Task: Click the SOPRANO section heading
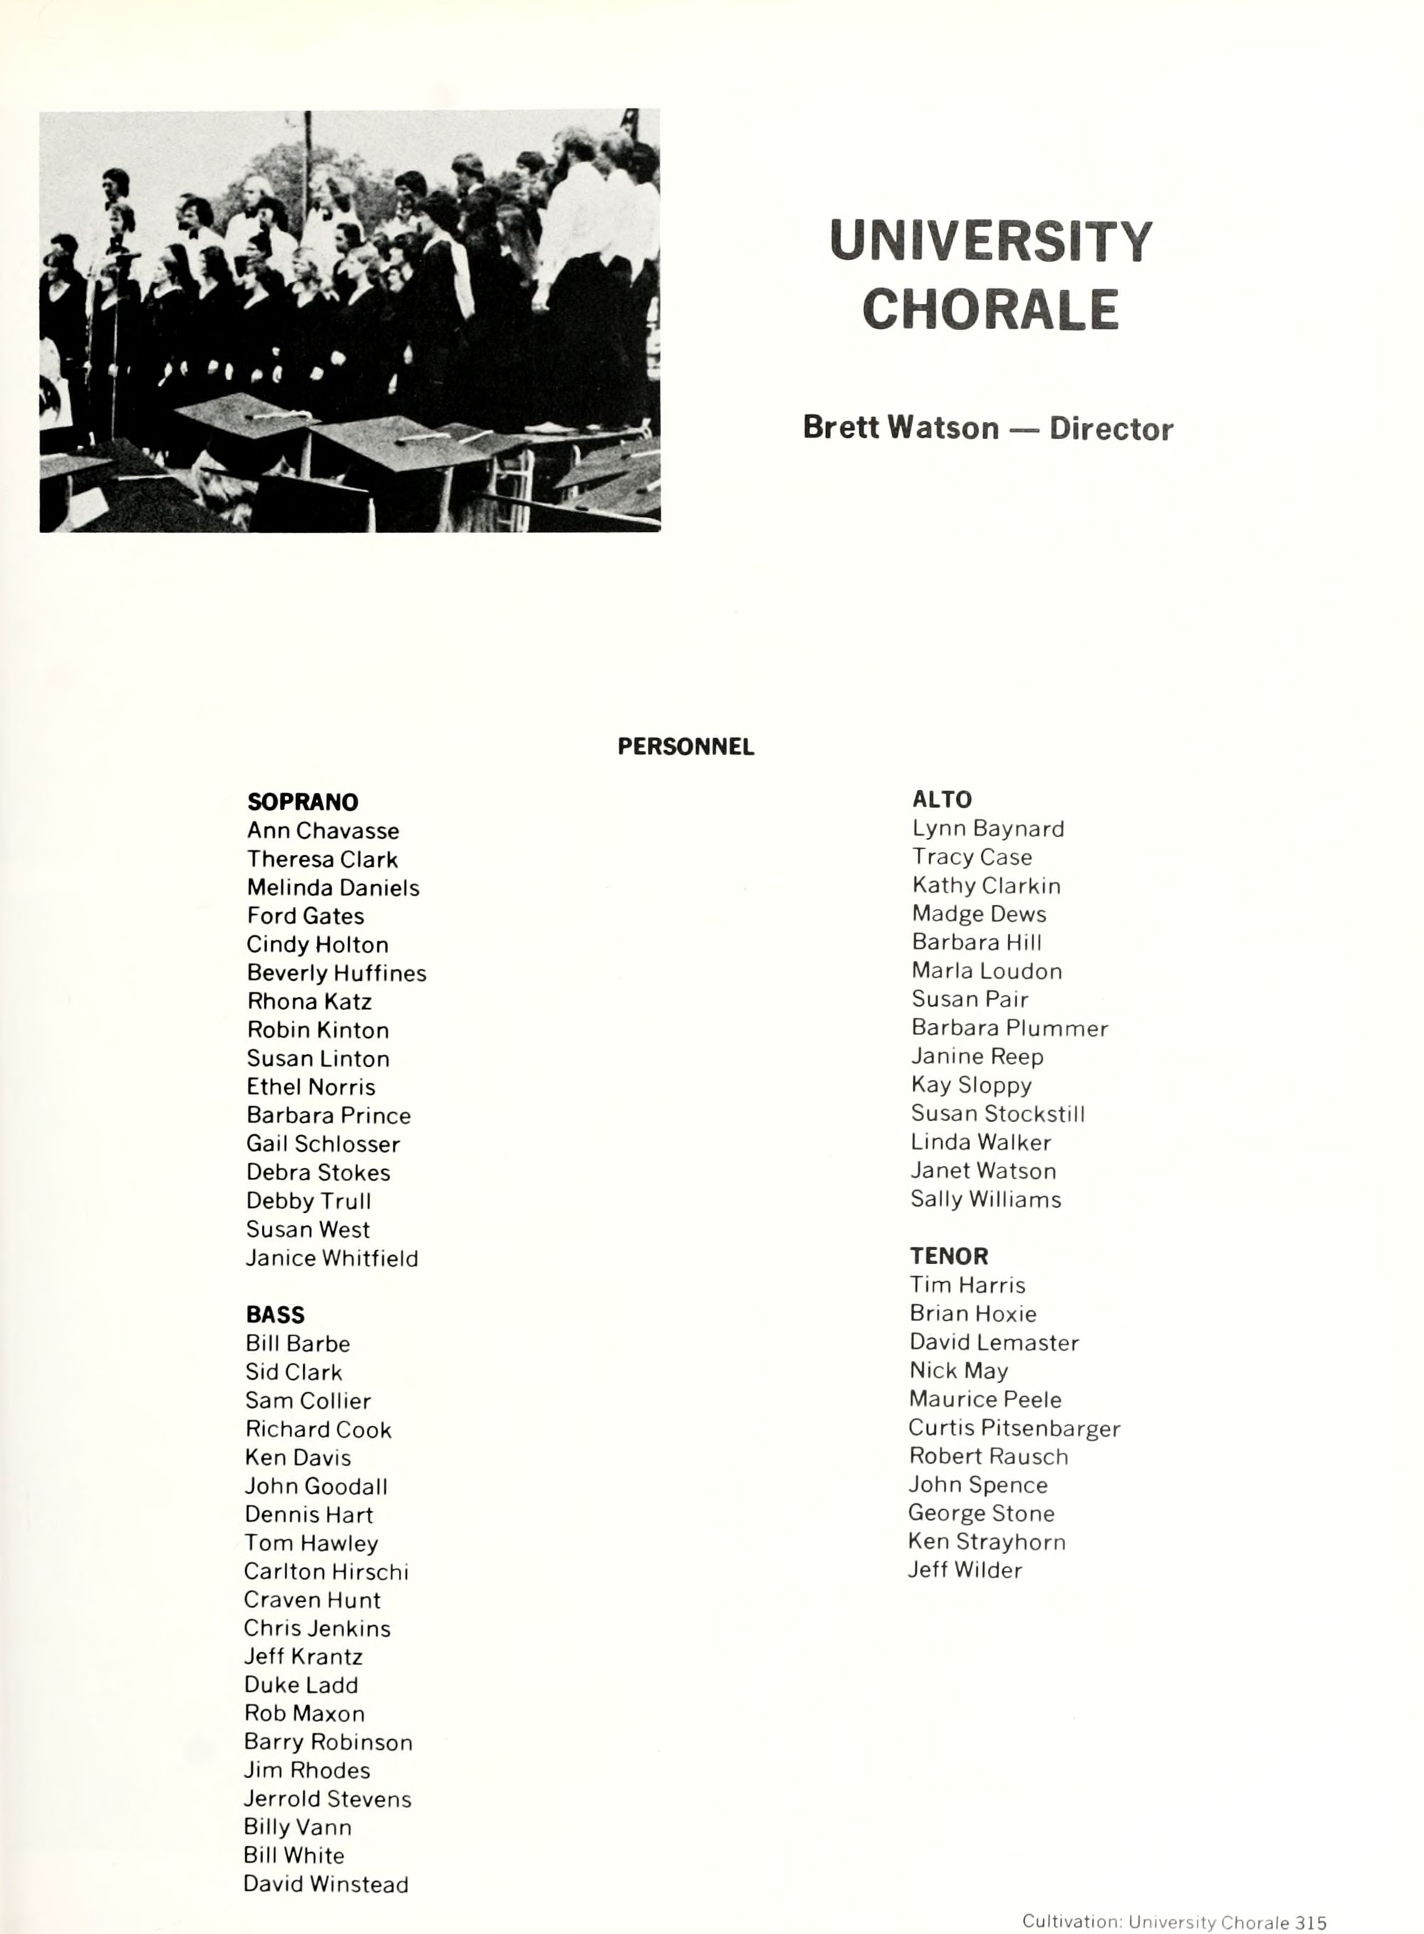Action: pyautogui.click(x=303, y=802)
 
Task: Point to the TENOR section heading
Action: pyautogui.click(x=948, y=1256)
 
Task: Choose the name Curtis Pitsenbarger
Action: pyautogui.click(x=1014, y=1427)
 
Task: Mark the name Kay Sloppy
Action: pyautogui.click(x=970, y=1084)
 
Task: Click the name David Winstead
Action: pyautogui.click(x=326, y=1884)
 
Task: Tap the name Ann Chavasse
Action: pyautogui.click(x=323, y=831)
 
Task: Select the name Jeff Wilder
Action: pyautogui.click(x=965, y=1570)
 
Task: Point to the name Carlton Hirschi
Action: pyautogui.click(x=326, y=1571)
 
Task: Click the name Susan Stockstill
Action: pyautogui.click(x=998, y=1113)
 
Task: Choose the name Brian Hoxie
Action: pyautogui.click(x=973, y=1313)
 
